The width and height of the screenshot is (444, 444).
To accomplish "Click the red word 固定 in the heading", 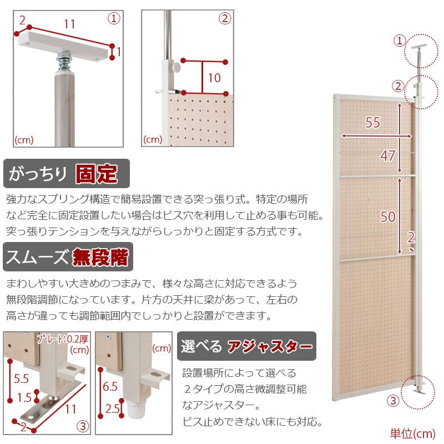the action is tap(97, 173).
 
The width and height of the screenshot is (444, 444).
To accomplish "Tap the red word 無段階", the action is tap(100, 257).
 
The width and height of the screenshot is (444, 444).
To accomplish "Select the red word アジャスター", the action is tap(270, 346).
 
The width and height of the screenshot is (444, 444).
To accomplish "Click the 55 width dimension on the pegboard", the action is tap(372, 122).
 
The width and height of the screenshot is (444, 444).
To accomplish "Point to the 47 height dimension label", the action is tap(387, 156).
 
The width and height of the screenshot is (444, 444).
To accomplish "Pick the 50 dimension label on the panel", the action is tap(387, 216).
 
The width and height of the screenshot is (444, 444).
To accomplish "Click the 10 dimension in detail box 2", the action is tap(214, 78).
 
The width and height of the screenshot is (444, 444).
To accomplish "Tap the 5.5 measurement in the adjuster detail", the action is tap(22, 379).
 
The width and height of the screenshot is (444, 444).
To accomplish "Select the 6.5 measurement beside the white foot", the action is tap(110, 386).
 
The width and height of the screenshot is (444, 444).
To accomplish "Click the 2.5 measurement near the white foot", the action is tap(113, 408).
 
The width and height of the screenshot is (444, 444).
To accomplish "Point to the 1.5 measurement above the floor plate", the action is tap(24, 397).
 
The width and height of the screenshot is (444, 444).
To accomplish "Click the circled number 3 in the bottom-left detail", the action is tap(83, 426).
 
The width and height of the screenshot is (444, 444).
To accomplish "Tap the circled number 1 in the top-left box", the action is tap(114, 19).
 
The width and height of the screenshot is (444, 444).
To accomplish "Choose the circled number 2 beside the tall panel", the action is tap(398, 86).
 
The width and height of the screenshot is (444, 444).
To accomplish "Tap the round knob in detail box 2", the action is tap(176, 67).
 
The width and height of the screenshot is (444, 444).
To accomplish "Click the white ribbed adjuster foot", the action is tap(135, 411).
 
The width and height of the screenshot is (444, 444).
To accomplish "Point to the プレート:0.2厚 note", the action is tap(63, 339).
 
